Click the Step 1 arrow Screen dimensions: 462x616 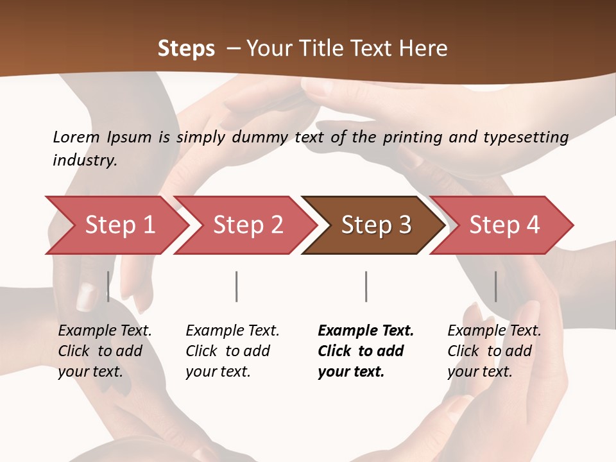point(119,225)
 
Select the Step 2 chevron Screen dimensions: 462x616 point(248,225)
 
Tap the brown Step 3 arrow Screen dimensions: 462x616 point(376,225)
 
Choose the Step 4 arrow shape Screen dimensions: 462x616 point(504,225)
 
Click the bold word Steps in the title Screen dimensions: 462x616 point(186,48)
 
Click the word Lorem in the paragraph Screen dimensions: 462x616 point(76,137)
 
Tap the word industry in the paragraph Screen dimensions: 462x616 point(84,160)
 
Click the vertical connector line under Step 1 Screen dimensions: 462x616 point(108,286)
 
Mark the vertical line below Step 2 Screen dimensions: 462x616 point(237,286)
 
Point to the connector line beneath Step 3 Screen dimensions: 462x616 point(366,286)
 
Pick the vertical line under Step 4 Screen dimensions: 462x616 point(495,286)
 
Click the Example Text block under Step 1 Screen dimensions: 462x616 point(105,351)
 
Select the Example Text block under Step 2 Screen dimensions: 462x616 point(232,351)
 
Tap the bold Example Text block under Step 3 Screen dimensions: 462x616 point(366,351)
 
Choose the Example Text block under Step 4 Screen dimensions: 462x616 point(494,351)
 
